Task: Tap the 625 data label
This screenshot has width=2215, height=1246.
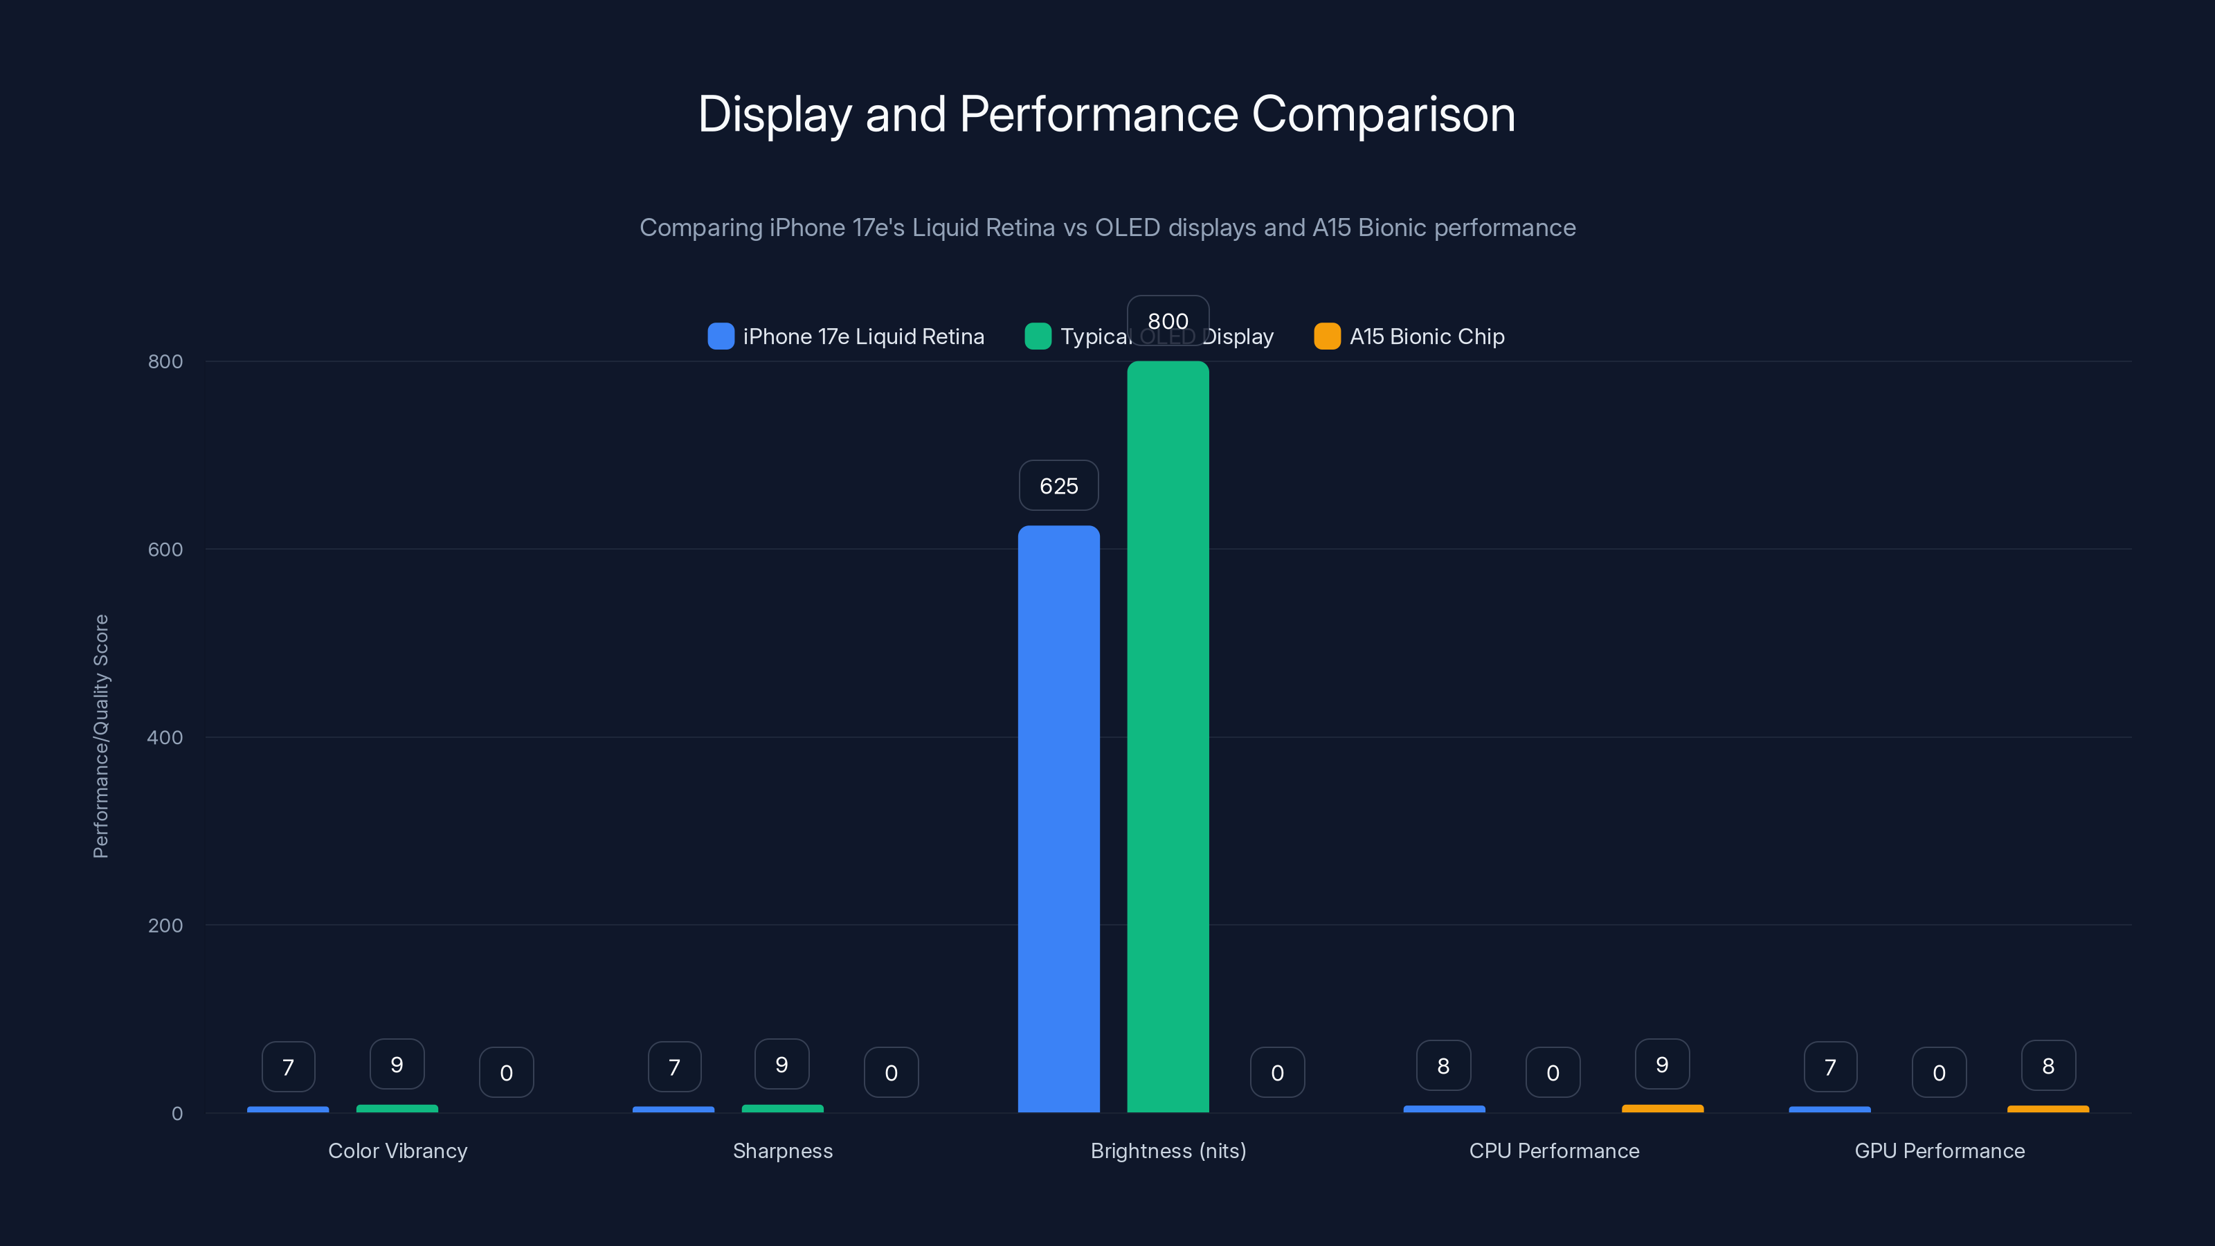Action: [x=1058, y=486]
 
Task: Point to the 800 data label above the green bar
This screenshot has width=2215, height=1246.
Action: [x=1168, y=320]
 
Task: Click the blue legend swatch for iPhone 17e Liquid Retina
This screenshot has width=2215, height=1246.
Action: [x=721, y=336]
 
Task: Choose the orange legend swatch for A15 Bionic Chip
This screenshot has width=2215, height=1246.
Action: [x=1327, y=336]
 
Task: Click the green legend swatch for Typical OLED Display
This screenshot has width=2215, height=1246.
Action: [x=1038, y=336]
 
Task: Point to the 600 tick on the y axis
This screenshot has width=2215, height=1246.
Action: [x=165, y=550]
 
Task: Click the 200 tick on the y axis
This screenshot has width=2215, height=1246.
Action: [x=165, y=926]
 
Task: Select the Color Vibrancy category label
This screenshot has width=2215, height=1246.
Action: [x=397, y=1150]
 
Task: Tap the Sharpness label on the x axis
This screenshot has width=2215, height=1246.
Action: [x=782, y=1150]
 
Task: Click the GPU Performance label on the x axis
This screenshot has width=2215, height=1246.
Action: [x=1939, y=1150]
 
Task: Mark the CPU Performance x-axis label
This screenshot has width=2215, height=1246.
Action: [x=1554, y=1150]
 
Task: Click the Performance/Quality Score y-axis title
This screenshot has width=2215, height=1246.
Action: [x=100, y=736]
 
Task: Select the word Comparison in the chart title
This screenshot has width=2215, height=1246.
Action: [x=1383, y=114]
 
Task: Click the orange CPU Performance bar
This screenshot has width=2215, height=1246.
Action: [x=1662, y=1108]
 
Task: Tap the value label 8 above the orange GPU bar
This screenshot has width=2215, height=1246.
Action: [x=2048, y=1066]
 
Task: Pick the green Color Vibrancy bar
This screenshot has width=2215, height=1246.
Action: [x=397, y=1108]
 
